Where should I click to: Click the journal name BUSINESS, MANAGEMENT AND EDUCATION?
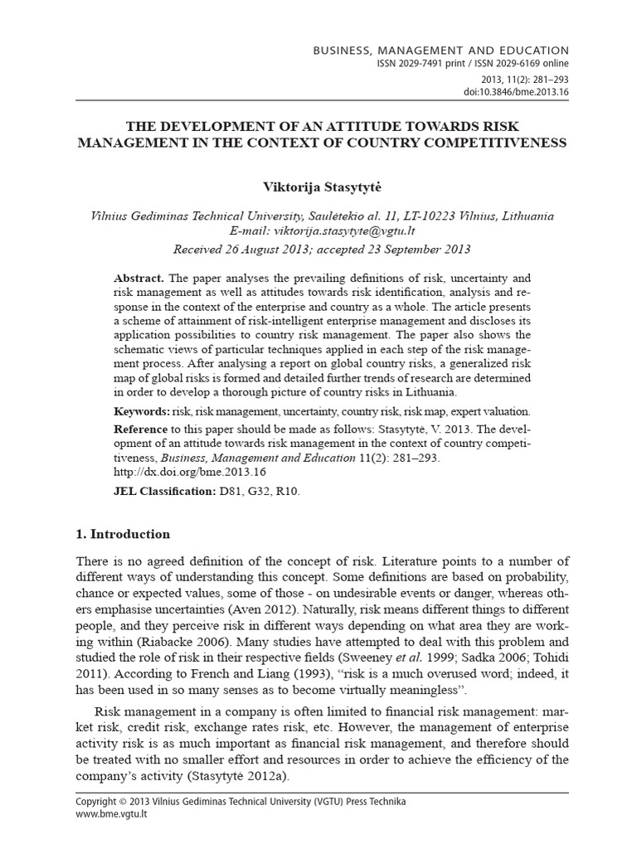point(440,51)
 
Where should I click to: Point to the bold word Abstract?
point(139,278)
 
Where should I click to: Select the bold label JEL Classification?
point(163,492)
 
